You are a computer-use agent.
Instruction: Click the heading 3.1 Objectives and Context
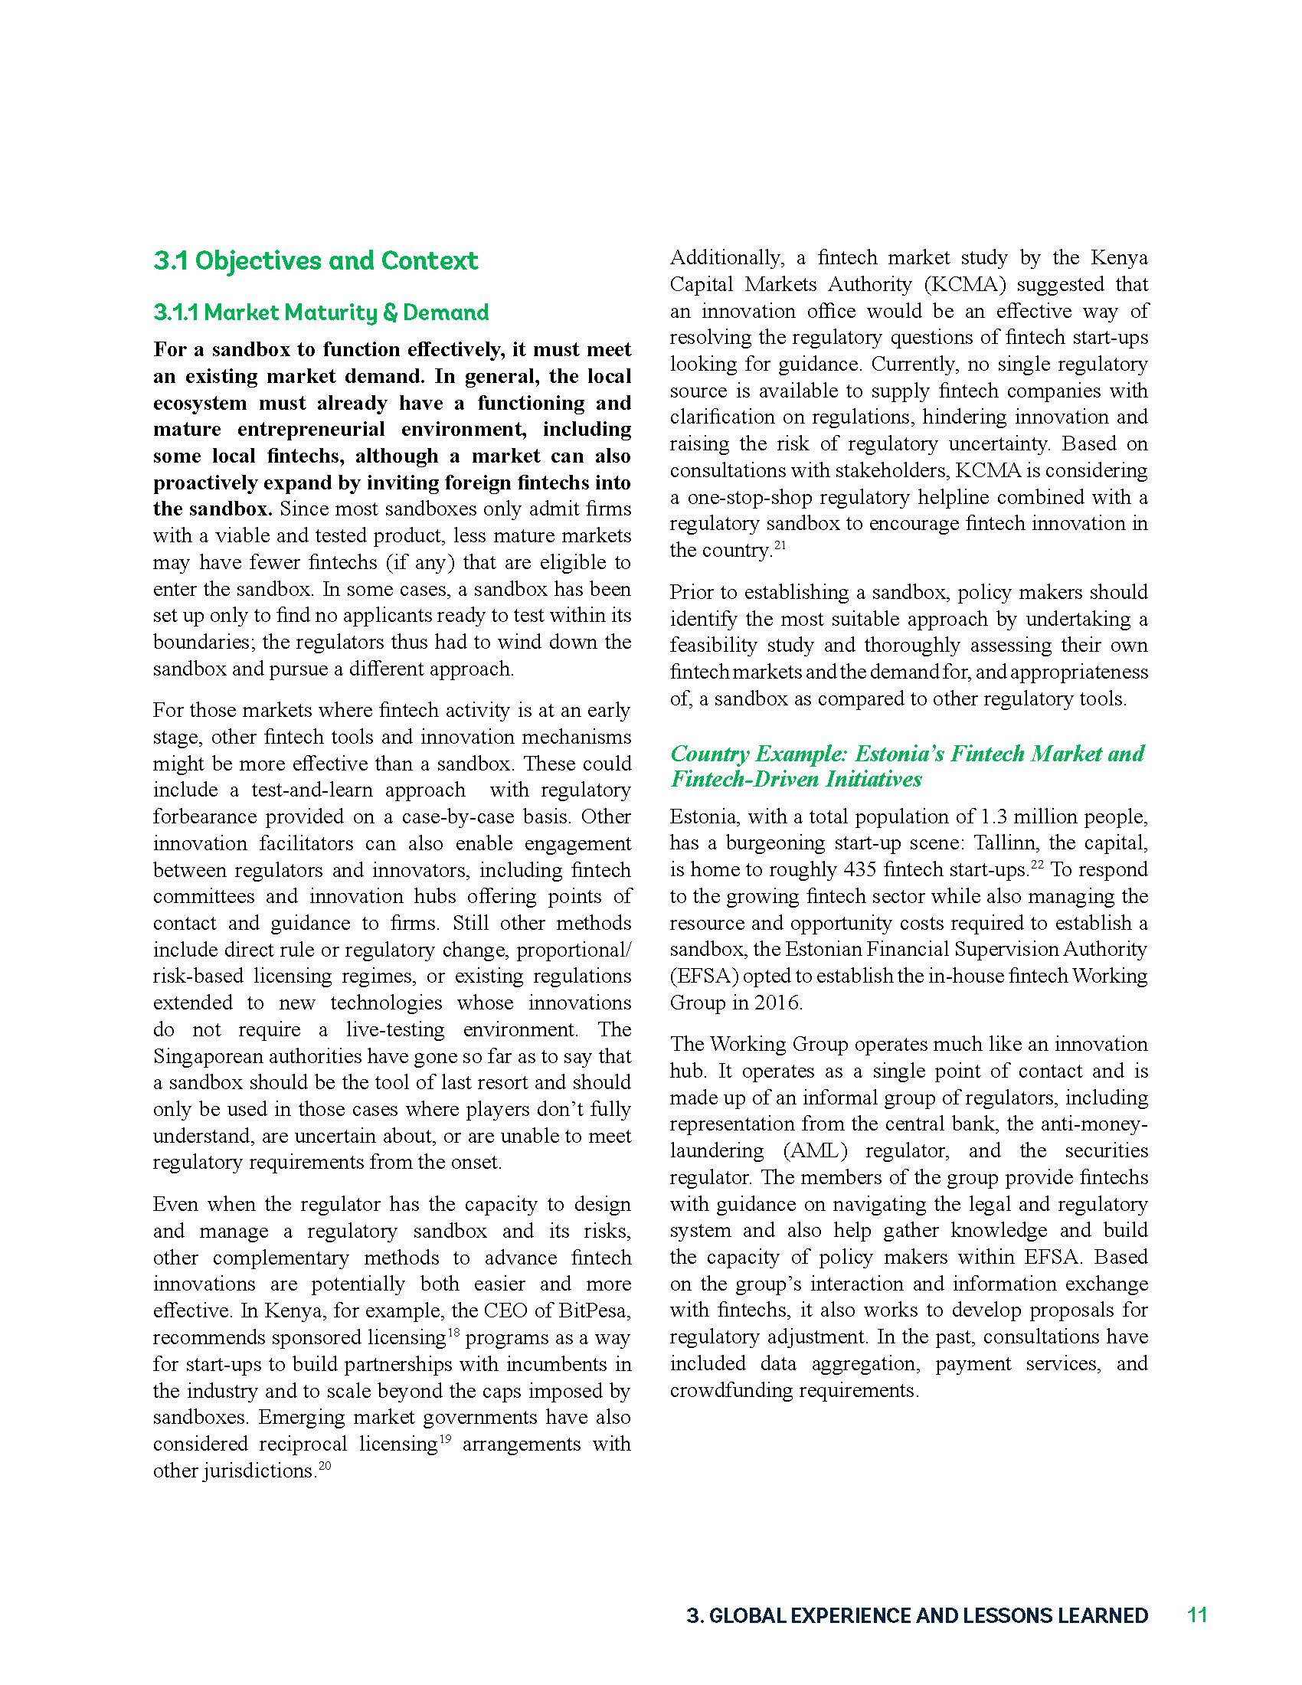pyautogui.click(x=316, y=260)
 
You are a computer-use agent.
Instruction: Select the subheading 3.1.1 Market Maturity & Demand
pyautogui.click(x=321, y=312)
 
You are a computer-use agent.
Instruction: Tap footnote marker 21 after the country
pyautogui.click(x=780, y=545)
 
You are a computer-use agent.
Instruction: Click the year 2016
pyautogui.click(x=777, y=1003)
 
